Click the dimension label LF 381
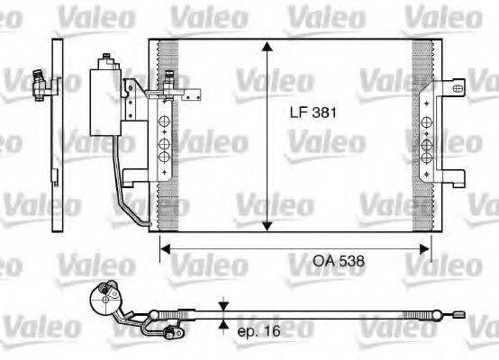[x=310, y=114]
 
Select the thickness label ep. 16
[x=259, y=331]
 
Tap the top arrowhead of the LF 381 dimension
[x=267, y=47]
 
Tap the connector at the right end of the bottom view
[x=459, y=314]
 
